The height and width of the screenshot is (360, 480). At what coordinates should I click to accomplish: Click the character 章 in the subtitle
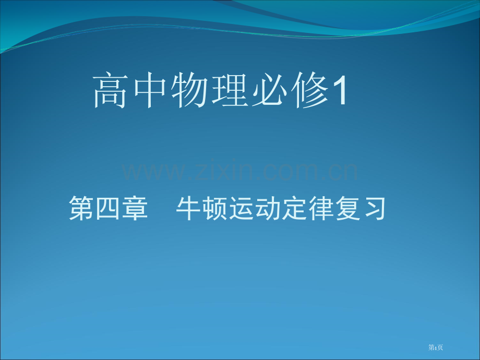[x=135, y=208]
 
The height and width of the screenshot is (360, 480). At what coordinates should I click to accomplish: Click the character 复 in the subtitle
[x=348, y=208]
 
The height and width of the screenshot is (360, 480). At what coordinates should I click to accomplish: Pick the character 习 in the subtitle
[x=374, y=208]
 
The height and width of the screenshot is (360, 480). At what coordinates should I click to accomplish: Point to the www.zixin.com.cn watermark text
[x=239, y=171]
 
